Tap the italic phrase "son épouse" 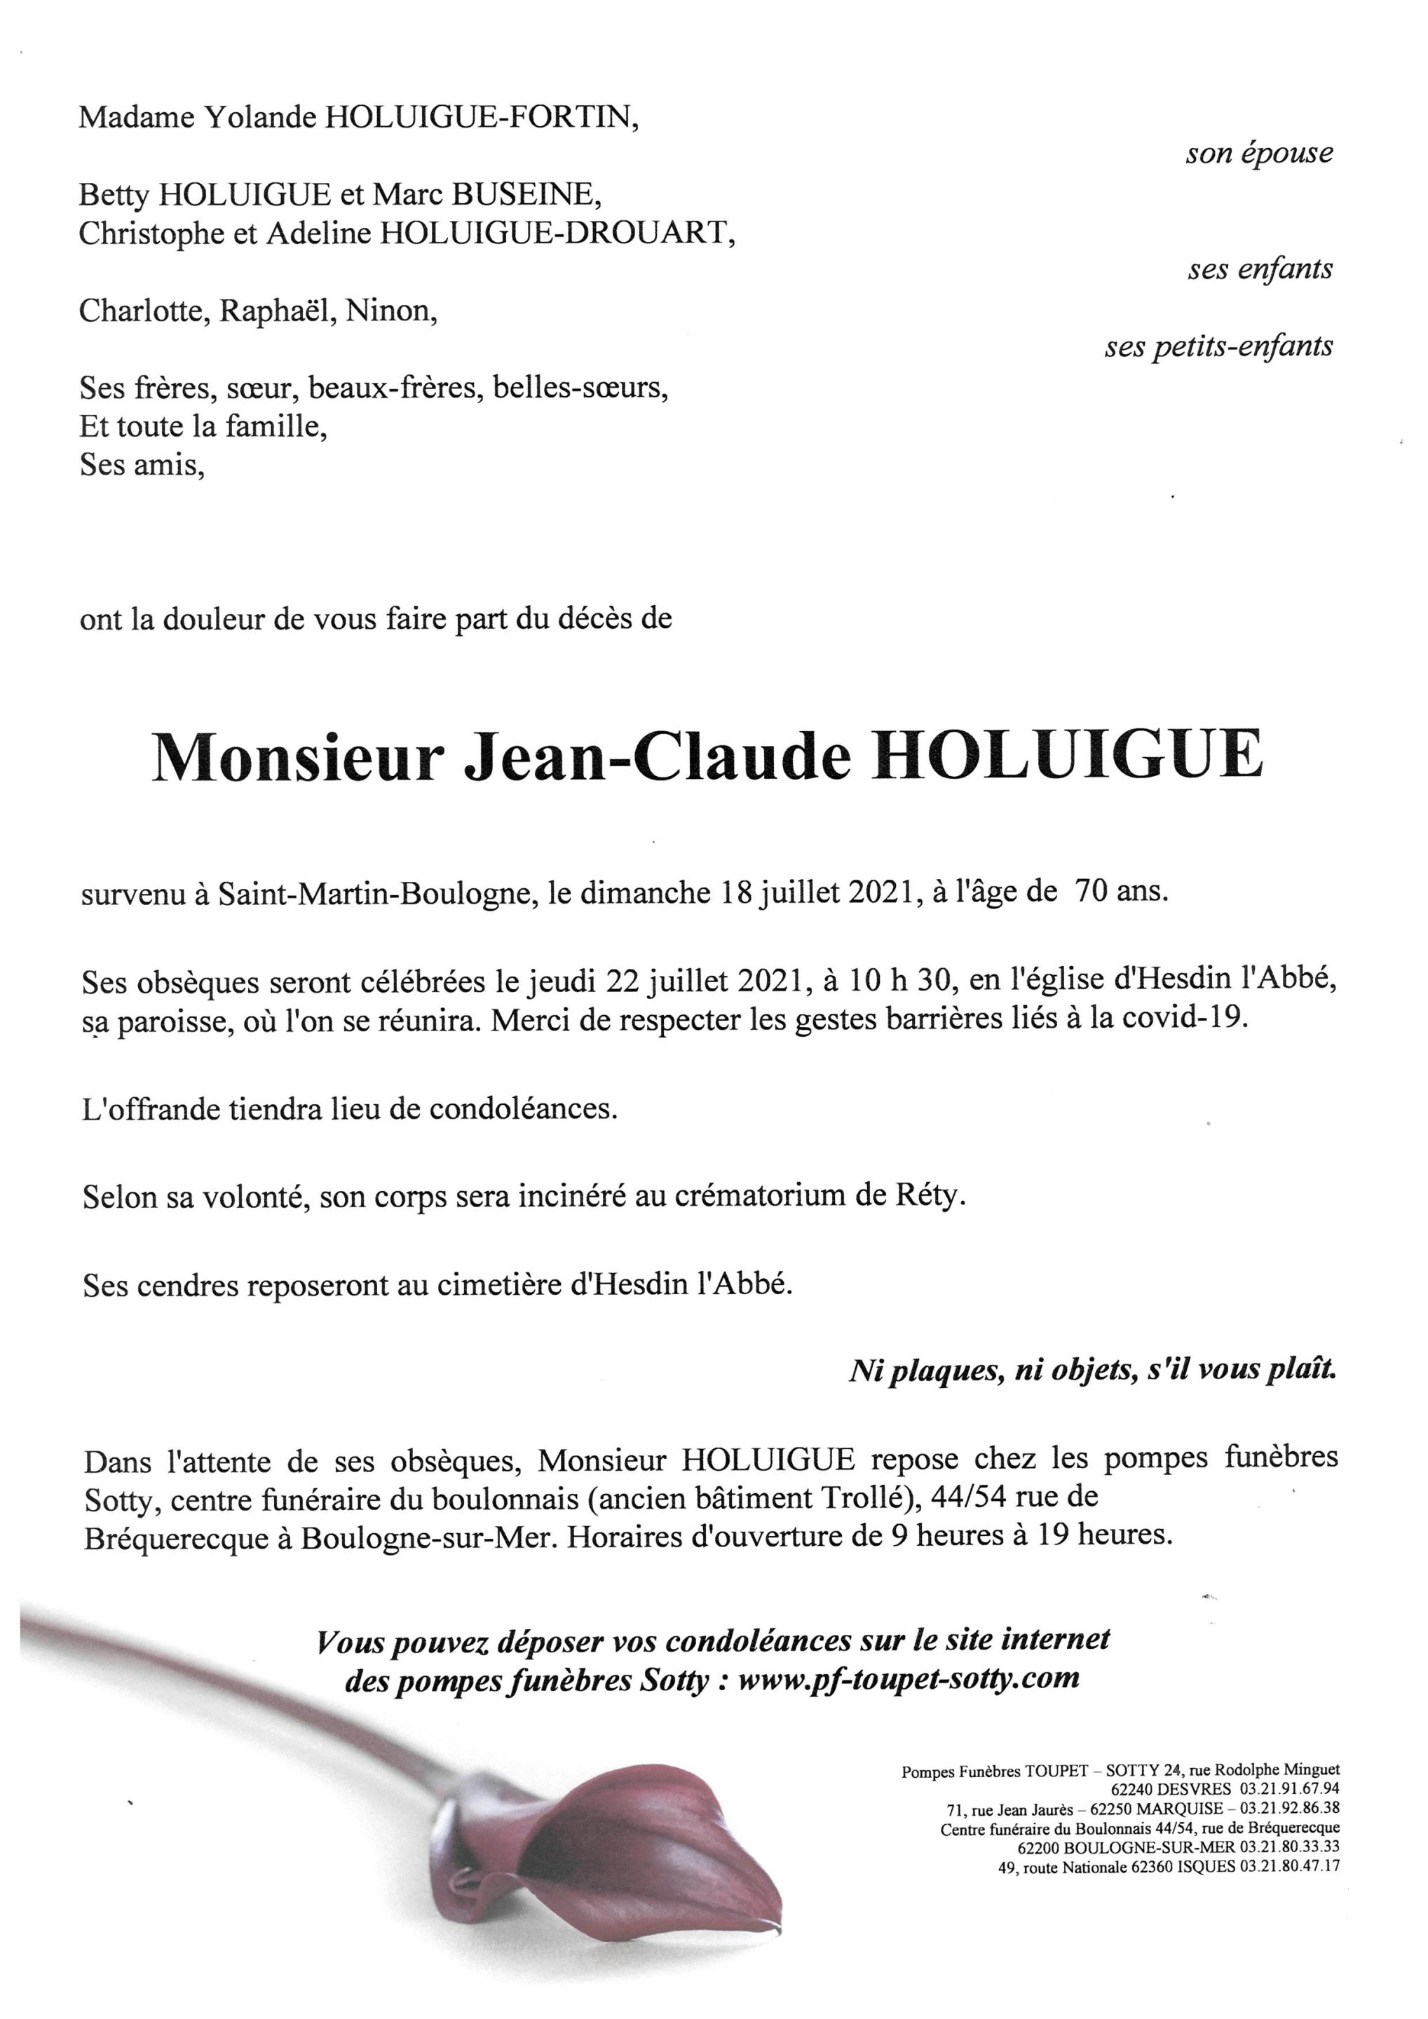click(1258, 154)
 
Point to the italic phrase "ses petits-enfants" click(1218, 347)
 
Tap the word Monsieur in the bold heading click(294, 757)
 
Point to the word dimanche click(647, 892)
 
